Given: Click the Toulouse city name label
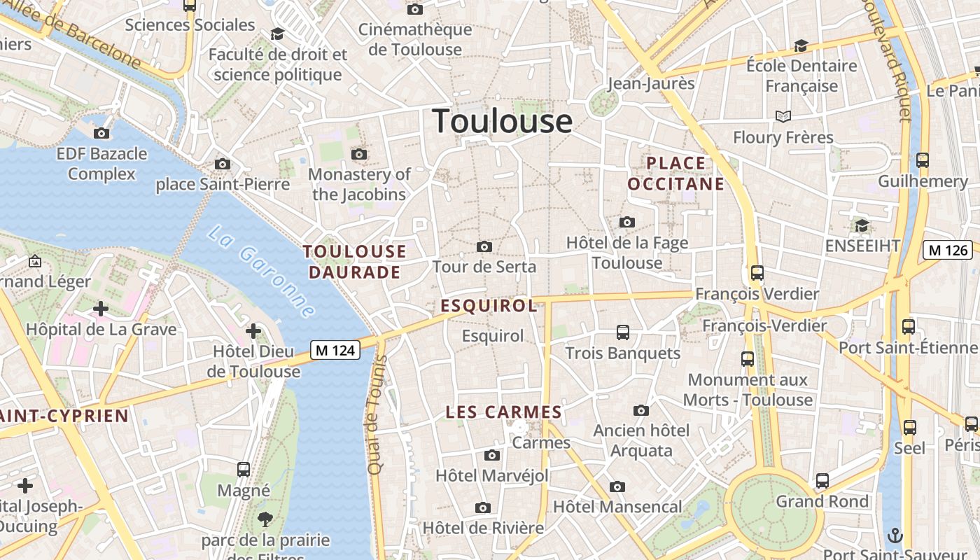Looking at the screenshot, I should click(502, 121).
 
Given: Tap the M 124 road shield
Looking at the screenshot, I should click(335, 350).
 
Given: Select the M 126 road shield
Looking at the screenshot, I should click(948, 250).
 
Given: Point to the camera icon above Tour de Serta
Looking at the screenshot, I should click(484, 246).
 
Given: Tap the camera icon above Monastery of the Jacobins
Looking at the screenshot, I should click(359, 154).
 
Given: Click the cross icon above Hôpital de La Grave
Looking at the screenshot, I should click(101, 308).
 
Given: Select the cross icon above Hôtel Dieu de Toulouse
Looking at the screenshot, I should click(253, 330).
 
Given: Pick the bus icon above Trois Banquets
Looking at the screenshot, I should click(622, 332).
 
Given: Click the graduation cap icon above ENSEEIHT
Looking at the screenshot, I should click(862, 225).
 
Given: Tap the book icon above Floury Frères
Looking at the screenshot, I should click(783, 116).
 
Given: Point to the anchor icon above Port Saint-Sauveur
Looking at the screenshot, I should click(895, 535).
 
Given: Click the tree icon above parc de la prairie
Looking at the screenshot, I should click(265, 519).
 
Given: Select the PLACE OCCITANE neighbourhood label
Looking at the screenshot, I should click(675, 174).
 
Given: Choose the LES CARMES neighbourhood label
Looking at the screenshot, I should click(504, 412).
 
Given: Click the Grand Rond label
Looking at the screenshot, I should click(822, 501).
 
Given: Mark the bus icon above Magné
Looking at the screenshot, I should click(244, 469).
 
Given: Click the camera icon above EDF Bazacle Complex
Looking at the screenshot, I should click(101, 133).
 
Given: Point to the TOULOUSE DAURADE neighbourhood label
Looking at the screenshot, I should click(354, 262).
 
